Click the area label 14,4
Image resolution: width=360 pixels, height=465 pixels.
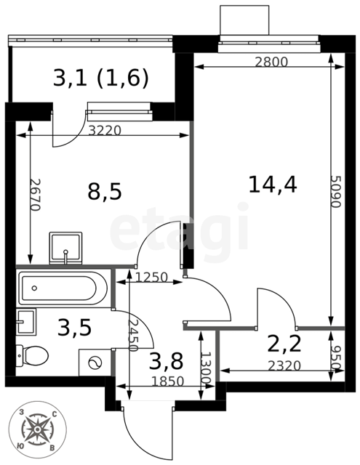(273, 185)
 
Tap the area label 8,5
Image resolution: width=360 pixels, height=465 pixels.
(105, 191)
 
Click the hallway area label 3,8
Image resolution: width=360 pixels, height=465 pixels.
(166, 360)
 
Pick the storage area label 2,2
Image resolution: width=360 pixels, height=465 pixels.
(284, 344)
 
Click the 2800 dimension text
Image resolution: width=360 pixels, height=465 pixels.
(271, 62)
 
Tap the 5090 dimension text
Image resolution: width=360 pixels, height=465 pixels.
(336, 192)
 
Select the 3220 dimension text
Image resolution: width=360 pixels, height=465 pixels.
(105, 130)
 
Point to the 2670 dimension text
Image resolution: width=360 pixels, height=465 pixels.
(35, 195)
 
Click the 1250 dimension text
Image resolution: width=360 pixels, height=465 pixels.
(152, 278)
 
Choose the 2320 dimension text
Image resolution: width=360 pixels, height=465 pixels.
(284, 365)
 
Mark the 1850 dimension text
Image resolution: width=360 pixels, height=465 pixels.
(168, 381)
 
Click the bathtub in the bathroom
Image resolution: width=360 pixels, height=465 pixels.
(63, 288)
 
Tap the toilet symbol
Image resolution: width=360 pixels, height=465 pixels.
(32, 355)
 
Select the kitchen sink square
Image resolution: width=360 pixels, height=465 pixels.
(65, 248)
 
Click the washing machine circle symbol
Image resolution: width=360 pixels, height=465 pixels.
(95, 363)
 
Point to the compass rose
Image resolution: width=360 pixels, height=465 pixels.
(37, 430)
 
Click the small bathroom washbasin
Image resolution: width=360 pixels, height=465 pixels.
(26, 322)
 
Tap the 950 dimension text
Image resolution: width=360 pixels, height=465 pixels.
(337, 357)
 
